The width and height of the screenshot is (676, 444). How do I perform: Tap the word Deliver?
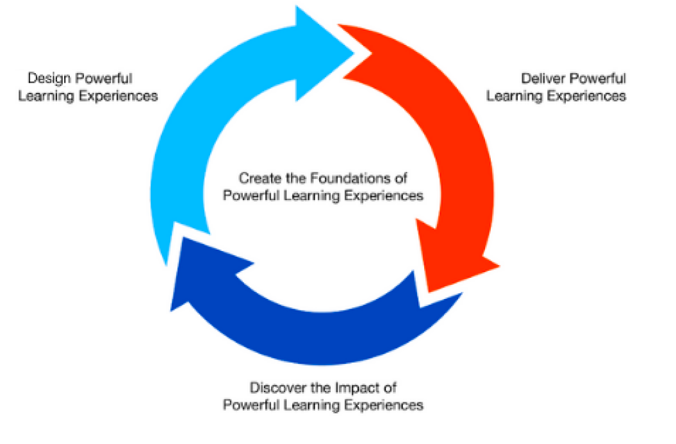pos(539,79)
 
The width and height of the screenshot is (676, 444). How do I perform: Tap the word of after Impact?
pos(390,388)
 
